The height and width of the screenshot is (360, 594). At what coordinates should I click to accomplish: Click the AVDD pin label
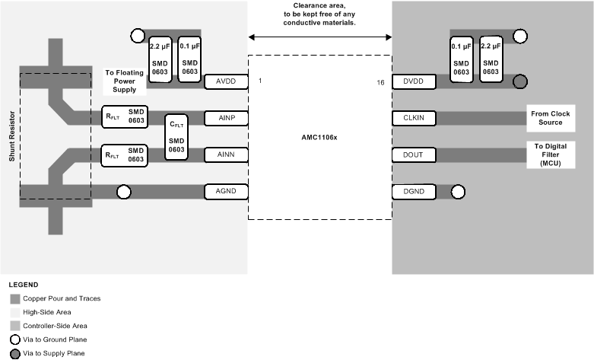[x=227, y=81]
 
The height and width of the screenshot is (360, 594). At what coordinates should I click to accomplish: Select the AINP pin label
[x=227, y=118]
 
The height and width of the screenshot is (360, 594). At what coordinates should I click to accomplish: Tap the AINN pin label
[x=227, y=155]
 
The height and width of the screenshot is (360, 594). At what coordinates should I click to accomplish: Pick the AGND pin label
[x=227, y=192]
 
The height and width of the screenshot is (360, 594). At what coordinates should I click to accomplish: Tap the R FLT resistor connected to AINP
[x=125, y=118]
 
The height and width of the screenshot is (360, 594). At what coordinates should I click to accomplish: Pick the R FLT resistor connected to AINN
[x=125, y=155]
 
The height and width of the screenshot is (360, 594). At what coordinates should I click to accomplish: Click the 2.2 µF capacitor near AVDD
[x=160, y=59]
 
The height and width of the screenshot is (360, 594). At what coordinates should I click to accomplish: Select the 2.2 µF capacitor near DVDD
[x=491, y=59]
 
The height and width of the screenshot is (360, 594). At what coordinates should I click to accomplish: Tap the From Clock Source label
[x=551, y=118]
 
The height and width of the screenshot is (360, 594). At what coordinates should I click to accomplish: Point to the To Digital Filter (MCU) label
[x=551, y=155]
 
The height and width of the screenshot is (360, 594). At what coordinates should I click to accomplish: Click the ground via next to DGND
[x=458, y=192]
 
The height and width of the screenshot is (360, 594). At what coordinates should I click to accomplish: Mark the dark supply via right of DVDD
[x=520, y=81]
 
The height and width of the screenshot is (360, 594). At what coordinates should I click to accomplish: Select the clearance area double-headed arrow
[x=319, y=36]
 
